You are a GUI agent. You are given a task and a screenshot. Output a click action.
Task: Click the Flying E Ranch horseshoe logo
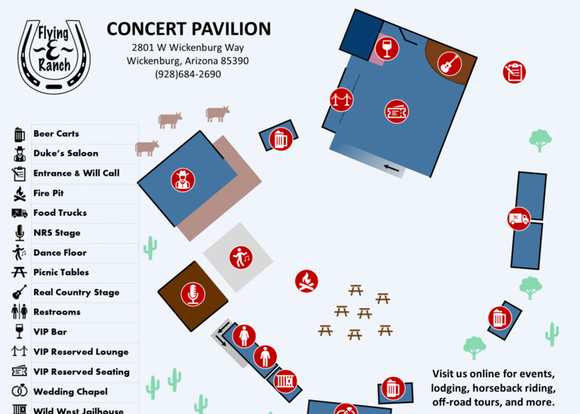54,56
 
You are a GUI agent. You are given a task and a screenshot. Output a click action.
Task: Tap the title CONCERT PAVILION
188,29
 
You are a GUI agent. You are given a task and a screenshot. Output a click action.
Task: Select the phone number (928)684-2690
188,74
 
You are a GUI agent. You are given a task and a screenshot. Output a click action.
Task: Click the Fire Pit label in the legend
49,193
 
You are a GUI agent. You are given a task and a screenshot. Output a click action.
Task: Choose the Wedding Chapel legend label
70,392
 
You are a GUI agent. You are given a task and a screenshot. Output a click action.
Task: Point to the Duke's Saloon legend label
65,153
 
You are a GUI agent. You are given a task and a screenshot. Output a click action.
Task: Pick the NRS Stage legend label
57,233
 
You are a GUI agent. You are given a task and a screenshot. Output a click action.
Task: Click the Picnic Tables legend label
61,272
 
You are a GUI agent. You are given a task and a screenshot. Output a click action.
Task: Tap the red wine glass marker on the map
388,48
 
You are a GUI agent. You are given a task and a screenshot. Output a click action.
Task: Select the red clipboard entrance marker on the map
514,72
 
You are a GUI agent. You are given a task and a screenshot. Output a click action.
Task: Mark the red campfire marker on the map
307,282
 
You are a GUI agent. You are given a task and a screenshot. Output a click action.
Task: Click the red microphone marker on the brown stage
193,294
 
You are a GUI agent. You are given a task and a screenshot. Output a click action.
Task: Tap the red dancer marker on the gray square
240,256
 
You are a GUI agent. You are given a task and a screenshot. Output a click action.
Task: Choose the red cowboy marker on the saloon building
183,179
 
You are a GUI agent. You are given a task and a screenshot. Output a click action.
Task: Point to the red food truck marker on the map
518,219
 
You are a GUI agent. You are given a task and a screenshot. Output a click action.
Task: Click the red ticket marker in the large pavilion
396,111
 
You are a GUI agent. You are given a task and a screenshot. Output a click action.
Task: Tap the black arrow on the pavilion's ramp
392,169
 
